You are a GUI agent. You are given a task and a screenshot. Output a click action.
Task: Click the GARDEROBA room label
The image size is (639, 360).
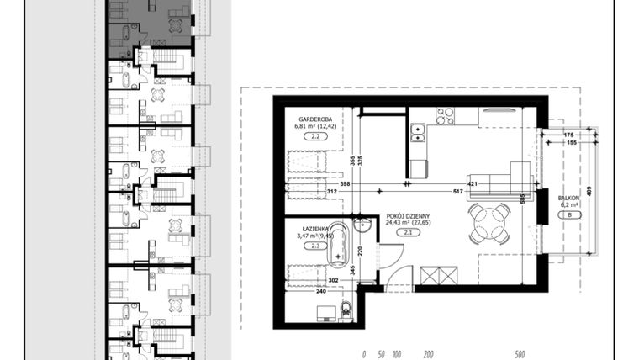(x=313, y=119)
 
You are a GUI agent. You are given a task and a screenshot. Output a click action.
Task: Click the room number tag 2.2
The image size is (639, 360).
(x=313, y=135)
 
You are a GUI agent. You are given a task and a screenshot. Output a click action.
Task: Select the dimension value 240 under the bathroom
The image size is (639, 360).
(x=320, y=291)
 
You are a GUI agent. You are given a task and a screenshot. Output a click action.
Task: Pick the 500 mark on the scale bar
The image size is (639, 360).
(x=520, y=354)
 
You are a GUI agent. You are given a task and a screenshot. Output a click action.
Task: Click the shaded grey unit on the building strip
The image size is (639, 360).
(x=151, y=29)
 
